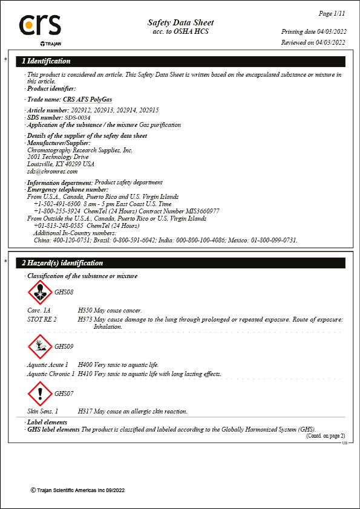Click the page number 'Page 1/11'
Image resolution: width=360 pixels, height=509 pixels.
click(x=332, y=13)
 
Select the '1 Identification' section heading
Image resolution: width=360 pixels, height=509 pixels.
click(x=46, y=61)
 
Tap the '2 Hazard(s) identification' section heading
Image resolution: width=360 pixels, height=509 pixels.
click(x=62, y=263)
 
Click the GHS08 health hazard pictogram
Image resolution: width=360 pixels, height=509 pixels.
click(x=41, y=293)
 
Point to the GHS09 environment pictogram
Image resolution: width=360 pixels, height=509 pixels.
click(x=41, y=347)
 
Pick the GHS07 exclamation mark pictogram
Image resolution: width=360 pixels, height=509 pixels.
click(x=41, y=394)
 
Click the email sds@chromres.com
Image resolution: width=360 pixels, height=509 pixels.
click(x=53, y=171)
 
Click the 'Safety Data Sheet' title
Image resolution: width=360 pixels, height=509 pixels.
click(x=180, y=22)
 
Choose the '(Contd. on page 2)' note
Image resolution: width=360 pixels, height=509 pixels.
click(x=325, y=435)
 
